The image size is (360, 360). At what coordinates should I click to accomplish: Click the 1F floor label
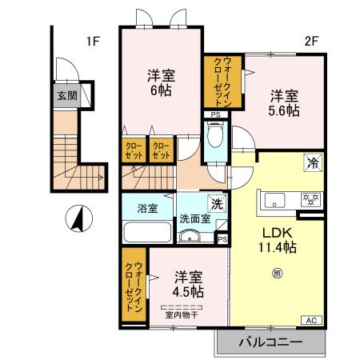(x=92, y=42)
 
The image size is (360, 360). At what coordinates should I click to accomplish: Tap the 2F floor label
(x=312, y=42)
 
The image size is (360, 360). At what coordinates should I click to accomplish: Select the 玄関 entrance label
(x=66, y=96)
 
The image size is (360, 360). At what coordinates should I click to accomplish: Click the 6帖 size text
(x=160, y=90)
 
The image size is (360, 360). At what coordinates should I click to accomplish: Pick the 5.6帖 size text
(x=284, y=110)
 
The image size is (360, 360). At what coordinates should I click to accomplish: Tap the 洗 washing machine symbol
(x=214, y=203)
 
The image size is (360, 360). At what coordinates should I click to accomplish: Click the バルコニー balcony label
(x=270, y=342)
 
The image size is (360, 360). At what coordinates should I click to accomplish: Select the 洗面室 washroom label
(x=194, y=217)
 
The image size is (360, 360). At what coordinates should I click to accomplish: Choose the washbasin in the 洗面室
(x=191, y=235)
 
